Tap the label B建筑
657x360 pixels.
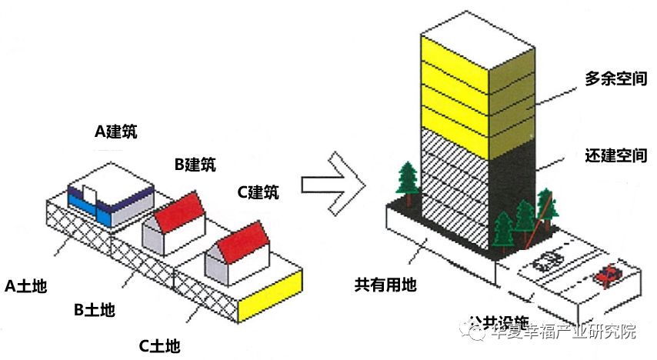[x=195, y=164]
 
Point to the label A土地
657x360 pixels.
[x=26, y=287]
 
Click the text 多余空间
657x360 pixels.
[x=615, y=79]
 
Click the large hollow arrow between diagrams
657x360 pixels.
[x=332, y=183]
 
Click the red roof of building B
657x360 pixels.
[x=181, y=207]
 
